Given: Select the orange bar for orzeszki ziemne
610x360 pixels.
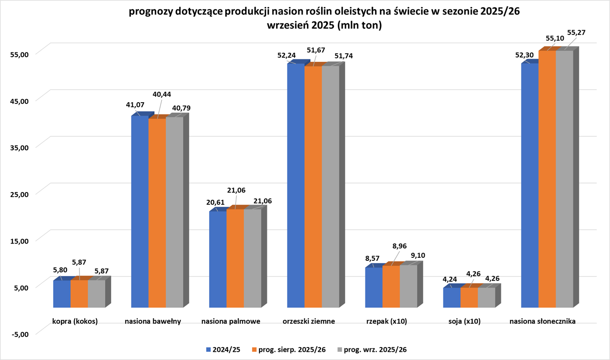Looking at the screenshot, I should [x=313, y=186].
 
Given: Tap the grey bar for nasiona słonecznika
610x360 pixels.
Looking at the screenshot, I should [x=564, y=179].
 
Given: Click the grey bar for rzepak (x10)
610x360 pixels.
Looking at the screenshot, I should [x=408, y=286].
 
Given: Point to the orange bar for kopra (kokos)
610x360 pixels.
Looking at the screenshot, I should [x=79, y=294].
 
